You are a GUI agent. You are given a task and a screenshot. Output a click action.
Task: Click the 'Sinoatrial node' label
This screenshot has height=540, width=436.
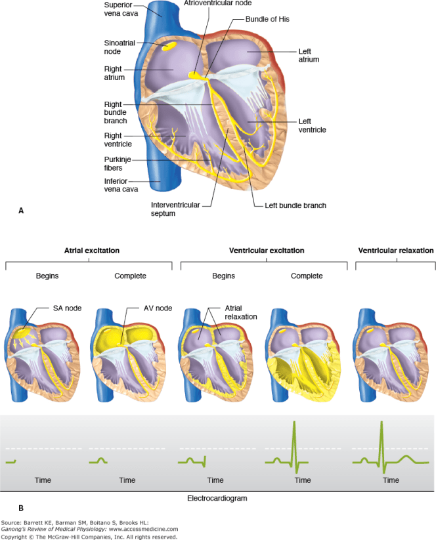pyautogui.click(x=119, y=47)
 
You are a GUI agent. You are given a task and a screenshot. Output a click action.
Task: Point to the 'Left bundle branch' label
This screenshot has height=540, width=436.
pyautogui.click(x=295, y=205)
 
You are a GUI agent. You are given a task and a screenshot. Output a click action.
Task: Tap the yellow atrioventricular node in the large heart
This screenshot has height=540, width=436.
pyautogui.click(x=195, y=75)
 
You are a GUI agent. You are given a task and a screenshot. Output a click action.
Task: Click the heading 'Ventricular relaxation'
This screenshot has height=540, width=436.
pyautogui.click(x=395, y=251)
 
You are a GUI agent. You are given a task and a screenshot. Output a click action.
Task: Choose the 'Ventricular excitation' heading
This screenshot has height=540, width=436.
pyautogui.click(x=267, y=251)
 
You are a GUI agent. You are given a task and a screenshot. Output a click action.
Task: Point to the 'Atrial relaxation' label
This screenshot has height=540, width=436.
pyautogui.click(x=242, y=312)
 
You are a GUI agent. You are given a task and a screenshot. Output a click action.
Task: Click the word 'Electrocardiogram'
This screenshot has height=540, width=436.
pyautogui.click(x=217, y=498)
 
